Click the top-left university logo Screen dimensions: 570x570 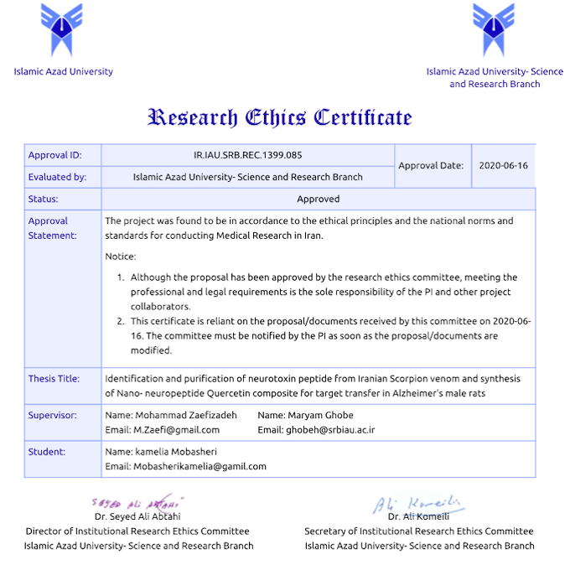click(63, 29)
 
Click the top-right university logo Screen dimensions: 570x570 click(494, 29)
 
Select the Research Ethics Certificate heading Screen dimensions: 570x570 click(280, 117)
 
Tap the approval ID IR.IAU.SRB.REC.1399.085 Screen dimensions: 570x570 click(247, 155)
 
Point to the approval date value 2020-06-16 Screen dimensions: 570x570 click(503, 166)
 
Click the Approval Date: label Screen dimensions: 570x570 click(431, 166)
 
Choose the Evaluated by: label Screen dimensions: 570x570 click(58, 177)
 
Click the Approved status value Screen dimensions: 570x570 click(318, 199)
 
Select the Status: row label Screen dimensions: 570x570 click(44, 199)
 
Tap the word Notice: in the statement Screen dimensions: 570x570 click(121, 256)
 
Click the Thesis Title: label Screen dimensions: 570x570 click(54, 379)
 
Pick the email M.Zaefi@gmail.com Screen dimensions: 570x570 click(163, 430)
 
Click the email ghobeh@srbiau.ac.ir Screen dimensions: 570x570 click(316, 430)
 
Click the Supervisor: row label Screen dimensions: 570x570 click(53, 416)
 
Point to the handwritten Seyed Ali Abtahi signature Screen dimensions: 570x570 click(135, 504)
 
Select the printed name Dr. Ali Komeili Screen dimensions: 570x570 click(419, 516)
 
